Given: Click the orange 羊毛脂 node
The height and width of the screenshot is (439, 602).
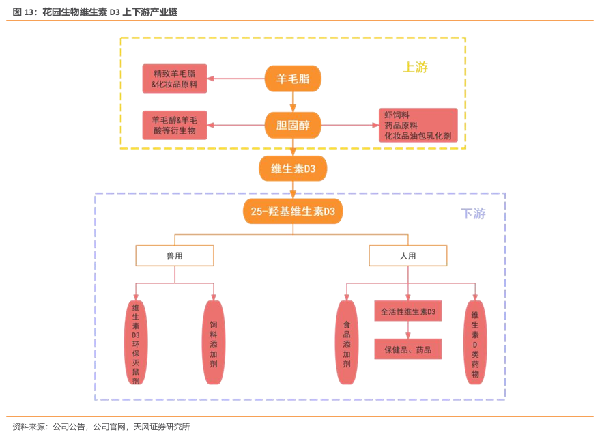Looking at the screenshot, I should tap(293, 79).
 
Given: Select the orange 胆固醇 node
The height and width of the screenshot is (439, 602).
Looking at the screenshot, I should tap(293, 125).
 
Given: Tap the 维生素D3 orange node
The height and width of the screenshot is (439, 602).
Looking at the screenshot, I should tap(293, 169).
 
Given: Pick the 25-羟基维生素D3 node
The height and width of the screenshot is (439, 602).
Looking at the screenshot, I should tap(293, 212).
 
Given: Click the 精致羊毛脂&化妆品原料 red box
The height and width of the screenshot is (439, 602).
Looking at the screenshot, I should tap(174, 79).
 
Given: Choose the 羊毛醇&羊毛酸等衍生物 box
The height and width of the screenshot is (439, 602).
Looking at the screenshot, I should tap(174, 125).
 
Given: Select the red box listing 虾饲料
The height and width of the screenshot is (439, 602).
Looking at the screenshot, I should tap(418, 126).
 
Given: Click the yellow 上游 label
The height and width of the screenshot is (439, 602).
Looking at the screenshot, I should tap(415, 68).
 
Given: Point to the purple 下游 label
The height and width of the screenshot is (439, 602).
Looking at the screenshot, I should tap(473, 214).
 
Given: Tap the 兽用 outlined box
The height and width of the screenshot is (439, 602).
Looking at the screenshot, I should tap(175, 256).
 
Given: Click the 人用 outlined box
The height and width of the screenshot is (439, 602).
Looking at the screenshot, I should tap(408, 256).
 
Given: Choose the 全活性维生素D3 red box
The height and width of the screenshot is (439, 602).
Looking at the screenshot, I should tap(408, 312).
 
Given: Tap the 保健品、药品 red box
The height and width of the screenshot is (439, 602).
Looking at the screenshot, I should tap(408, 350).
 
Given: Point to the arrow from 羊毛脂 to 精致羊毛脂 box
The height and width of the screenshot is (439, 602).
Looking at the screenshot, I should tap(235, 79).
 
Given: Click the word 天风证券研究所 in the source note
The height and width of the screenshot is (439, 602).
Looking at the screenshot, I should tap(162, 427).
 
